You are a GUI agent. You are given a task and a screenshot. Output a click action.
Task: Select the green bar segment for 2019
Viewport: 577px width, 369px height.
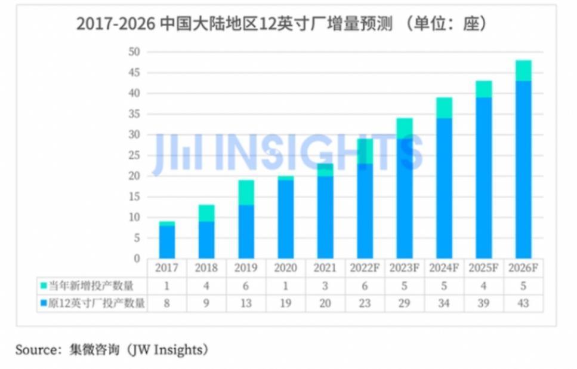tap(246, 192)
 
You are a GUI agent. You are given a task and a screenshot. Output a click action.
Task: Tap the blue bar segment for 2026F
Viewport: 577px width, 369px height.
tap(523, 170)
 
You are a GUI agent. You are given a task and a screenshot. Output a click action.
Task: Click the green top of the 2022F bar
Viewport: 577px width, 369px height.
tap(365, 151)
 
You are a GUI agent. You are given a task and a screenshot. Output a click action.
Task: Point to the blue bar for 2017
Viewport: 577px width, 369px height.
tap(166, 242)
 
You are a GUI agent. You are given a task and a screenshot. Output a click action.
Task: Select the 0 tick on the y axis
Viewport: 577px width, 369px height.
tap(137, 259)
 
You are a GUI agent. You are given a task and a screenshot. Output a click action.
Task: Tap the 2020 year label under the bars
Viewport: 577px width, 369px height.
tap(285, 268)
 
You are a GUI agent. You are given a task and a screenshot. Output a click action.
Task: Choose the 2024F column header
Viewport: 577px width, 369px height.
tap(444, 268)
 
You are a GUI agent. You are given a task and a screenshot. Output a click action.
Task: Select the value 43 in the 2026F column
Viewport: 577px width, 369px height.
tap(523, 303)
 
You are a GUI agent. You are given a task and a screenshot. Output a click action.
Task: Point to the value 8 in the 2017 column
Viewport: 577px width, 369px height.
tap(166, 303)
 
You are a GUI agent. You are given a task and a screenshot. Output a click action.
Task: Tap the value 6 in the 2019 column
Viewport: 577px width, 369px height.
tap(246, 286)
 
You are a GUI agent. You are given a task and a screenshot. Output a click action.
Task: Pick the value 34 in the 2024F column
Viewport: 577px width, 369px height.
tap(444, 303)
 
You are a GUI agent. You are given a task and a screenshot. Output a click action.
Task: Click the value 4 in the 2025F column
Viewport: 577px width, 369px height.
tap(484, 286)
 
